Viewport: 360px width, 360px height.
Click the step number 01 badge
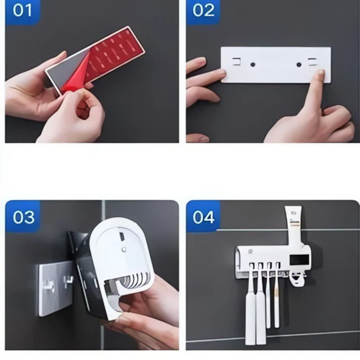pyautogui.click(x=23, y=12)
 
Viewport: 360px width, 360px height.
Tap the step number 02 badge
pyautogui.click(x=203, y=12)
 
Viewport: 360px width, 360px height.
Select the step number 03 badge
pyautogui.click(x=23, y=216)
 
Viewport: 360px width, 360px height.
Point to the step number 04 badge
pyautogui.click(x=203, y=216)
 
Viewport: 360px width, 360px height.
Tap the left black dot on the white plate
pyautogui.click(x=252, y=65)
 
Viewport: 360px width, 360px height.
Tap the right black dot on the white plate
pyautogui.click(x=299, y=65)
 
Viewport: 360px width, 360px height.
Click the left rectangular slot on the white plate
pyautogui.click(x=237, y=62)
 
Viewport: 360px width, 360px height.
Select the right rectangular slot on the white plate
pyautogui.click(x=313, y=62)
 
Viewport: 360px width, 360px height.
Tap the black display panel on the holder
pyautogui.click(x=299, y=260)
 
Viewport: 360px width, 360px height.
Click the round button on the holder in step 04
pyautogui.click(x=249, y=251)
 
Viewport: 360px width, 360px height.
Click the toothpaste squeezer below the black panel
pyautogui.click(x=298, y=279)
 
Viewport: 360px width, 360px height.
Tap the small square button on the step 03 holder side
pyautogui.click(x=124, y=249)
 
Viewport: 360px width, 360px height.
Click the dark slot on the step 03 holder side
pyautogui.click(x=122, y=236)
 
